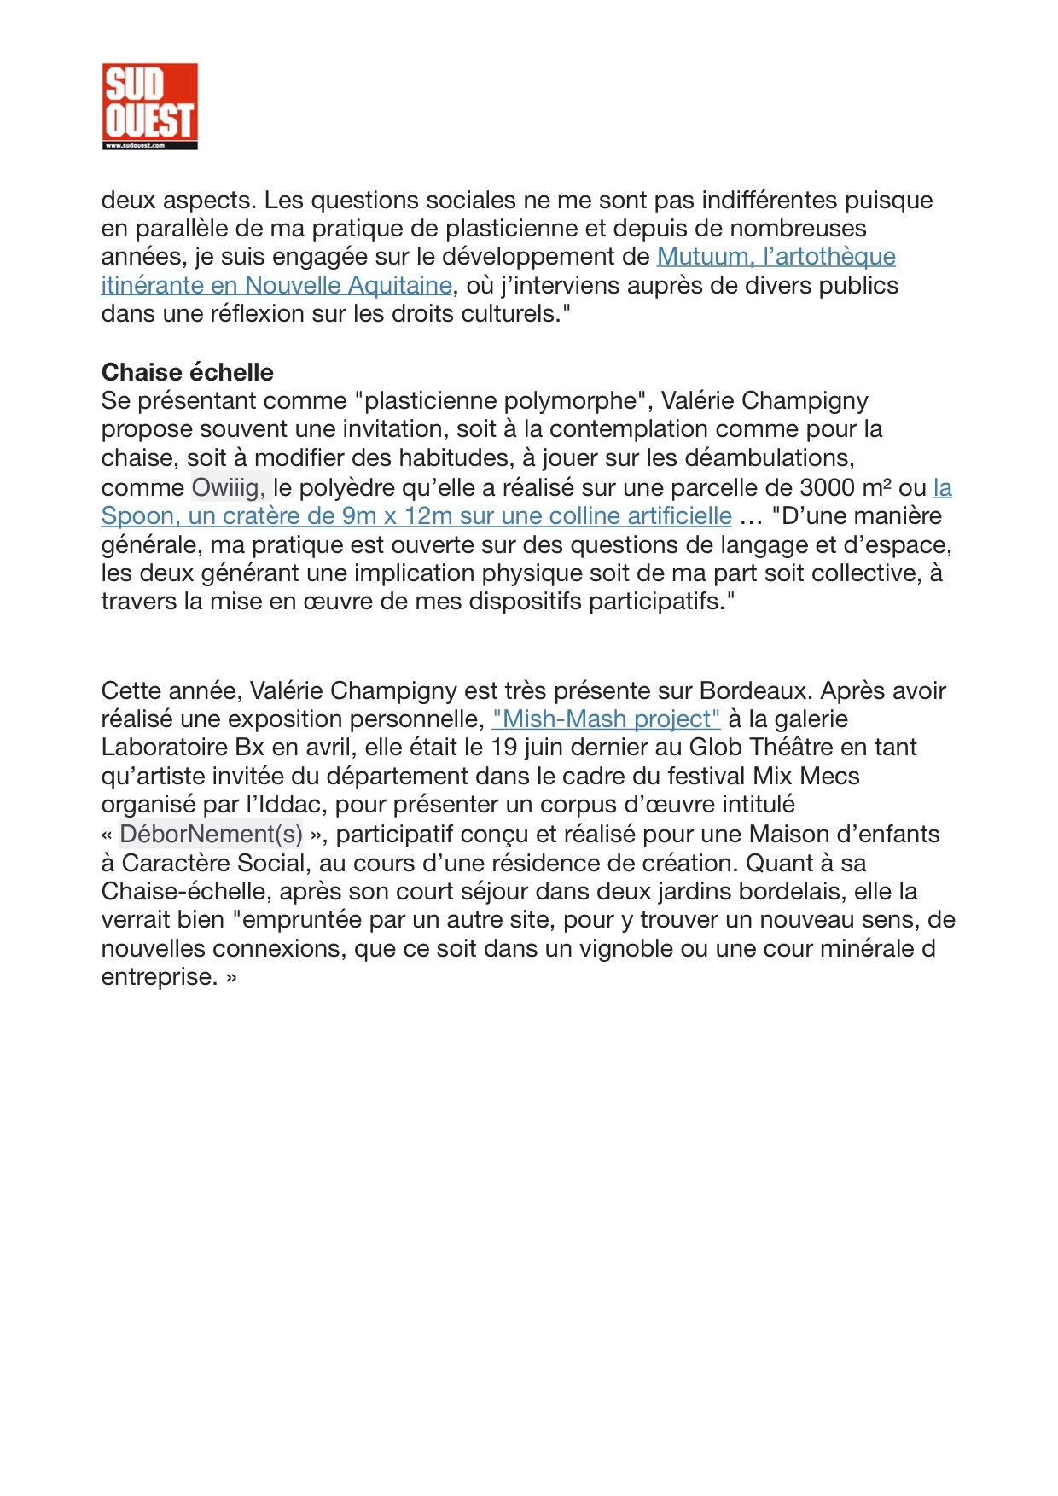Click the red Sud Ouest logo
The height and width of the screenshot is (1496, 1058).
point(149,102)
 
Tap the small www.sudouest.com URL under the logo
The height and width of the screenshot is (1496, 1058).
point(134,146)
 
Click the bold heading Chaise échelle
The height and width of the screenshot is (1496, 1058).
point(187,372)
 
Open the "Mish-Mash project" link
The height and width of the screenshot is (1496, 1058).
point(606,719)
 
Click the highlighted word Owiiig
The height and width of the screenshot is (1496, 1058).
point(228,487)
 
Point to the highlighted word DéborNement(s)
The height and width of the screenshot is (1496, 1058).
point(211,834)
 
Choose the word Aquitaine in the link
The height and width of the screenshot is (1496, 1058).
point(400,285)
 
